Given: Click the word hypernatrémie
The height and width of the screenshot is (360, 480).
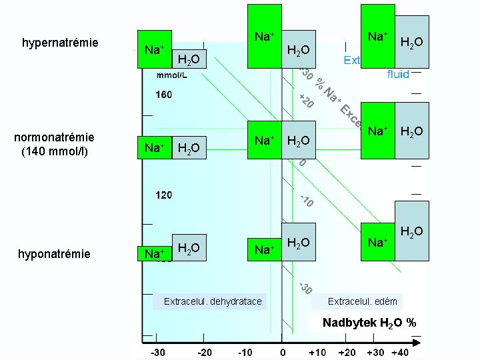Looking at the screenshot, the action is pos(60,43).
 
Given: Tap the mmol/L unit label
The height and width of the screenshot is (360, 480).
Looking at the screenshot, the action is pos(171,75).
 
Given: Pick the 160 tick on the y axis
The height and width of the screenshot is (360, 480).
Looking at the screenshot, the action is pos(163,95).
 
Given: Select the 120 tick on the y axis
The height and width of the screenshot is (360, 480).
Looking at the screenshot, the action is pos(163,195).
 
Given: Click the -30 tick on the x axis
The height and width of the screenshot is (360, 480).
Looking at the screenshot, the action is pos(158,351).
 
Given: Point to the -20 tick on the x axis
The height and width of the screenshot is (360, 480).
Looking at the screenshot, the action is pos(205,351).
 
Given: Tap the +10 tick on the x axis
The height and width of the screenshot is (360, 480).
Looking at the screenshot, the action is pos(317,351).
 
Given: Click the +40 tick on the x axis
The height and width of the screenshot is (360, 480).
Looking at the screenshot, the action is pos(400,351).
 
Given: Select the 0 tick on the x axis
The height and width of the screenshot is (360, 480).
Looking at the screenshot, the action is pos(283,351).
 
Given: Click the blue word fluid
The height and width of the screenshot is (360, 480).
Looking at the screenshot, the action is pos(398,75).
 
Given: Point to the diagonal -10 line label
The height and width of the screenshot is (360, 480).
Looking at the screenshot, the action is pos(307,200).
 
